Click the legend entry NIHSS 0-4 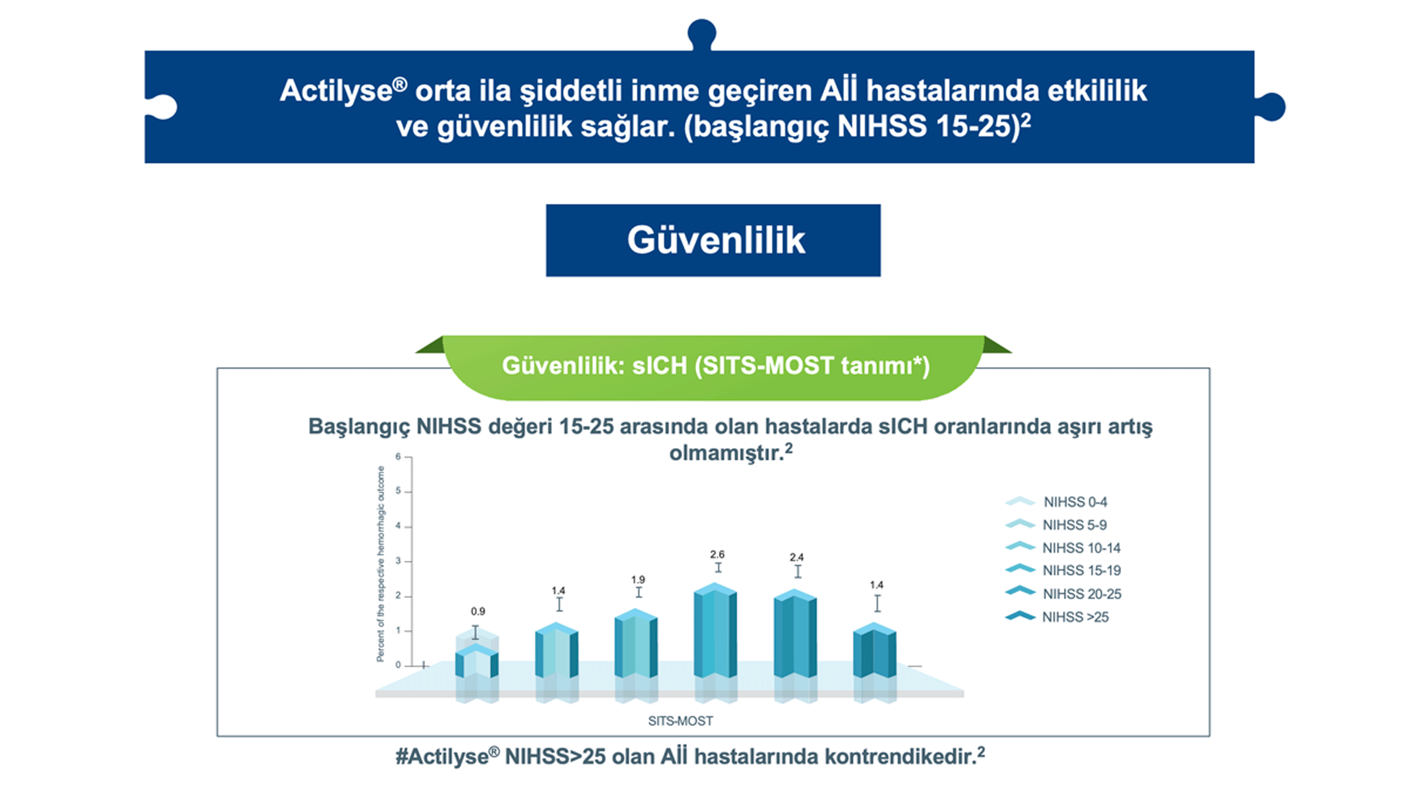(1074, 502)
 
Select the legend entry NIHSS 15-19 (1081, 571)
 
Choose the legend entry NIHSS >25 (1074, 618)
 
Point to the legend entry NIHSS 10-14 (1081, 548)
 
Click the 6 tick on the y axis (398, 457)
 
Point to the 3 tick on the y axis (398, 561)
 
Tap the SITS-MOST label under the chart (680, 721)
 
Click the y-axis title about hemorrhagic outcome (381, 564)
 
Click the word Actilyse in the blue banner (336, 92)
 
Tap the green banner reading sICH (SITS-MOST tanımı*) (715, 366)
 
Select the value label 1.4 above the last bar (876, 585)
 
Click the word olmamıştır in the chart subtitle (726, 453)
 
